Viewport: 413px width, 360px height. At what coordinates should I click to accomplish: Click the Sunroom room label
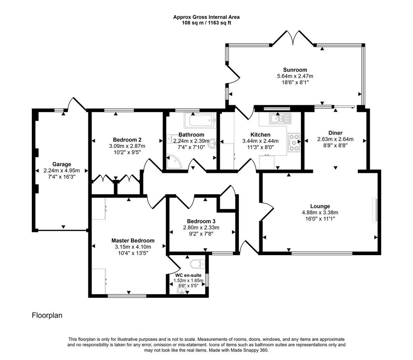pyautogui.click(x=295, y=70)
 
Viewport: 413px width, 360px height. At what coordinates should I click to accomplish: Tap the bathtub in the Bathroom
pyautogui.click(x=200, y=121)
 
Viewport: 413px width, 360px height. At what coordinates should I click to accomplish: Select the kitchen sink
pyautogui.click(x=280, y=119)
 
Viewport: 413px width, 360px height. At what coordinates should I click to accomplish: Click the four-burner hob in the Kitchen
pyautogui.click(x=294, y=142)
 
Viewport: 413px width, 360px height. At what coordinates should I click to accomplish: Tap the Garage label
pyautogui.click(x=62, y=164)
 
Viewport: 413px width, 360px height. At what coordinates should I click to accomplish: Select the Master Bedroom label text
pyautogui.click(x=133, y=240)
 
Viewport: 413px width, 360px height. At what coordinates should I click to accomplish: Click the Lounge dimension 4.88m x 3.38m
pyautogui.click(x=320, y=212)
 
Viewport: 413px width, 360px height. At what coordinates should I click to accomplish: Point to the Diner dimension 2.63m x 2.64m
pyautogui.click(x=335, y=139)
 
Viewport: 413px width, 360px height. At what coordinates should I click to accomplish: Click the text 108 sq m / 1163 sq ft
pyautogui.click(x=206, y=23)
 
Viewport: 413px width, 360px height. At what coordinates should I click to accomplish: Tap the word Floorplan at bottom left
pyautogui.click(x=47, y=315)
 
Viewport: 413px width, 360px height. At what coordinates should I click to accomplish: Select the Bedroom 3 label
pyautogui.click(x=201, y=221)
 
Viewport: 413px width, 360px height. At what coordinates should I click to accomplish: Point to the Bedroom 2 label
pyautogui.click(x=127, y=139)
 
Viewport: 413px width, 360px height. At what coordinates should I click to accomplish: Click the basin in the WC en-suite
pyautogui.click(x=182, y=291)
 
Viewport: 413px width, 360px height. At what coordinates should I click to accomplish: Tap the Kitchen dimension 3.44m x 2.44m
pyautogui.click(x=260, y=141)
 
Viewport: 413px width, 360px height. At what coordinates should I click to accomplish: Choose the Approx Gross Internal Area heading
pyautogui.click(x=206, y=17)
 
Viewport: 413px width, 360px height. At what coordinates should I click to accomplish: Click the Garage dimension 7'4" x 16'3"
pyautogui.click(x=62, y=177)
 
